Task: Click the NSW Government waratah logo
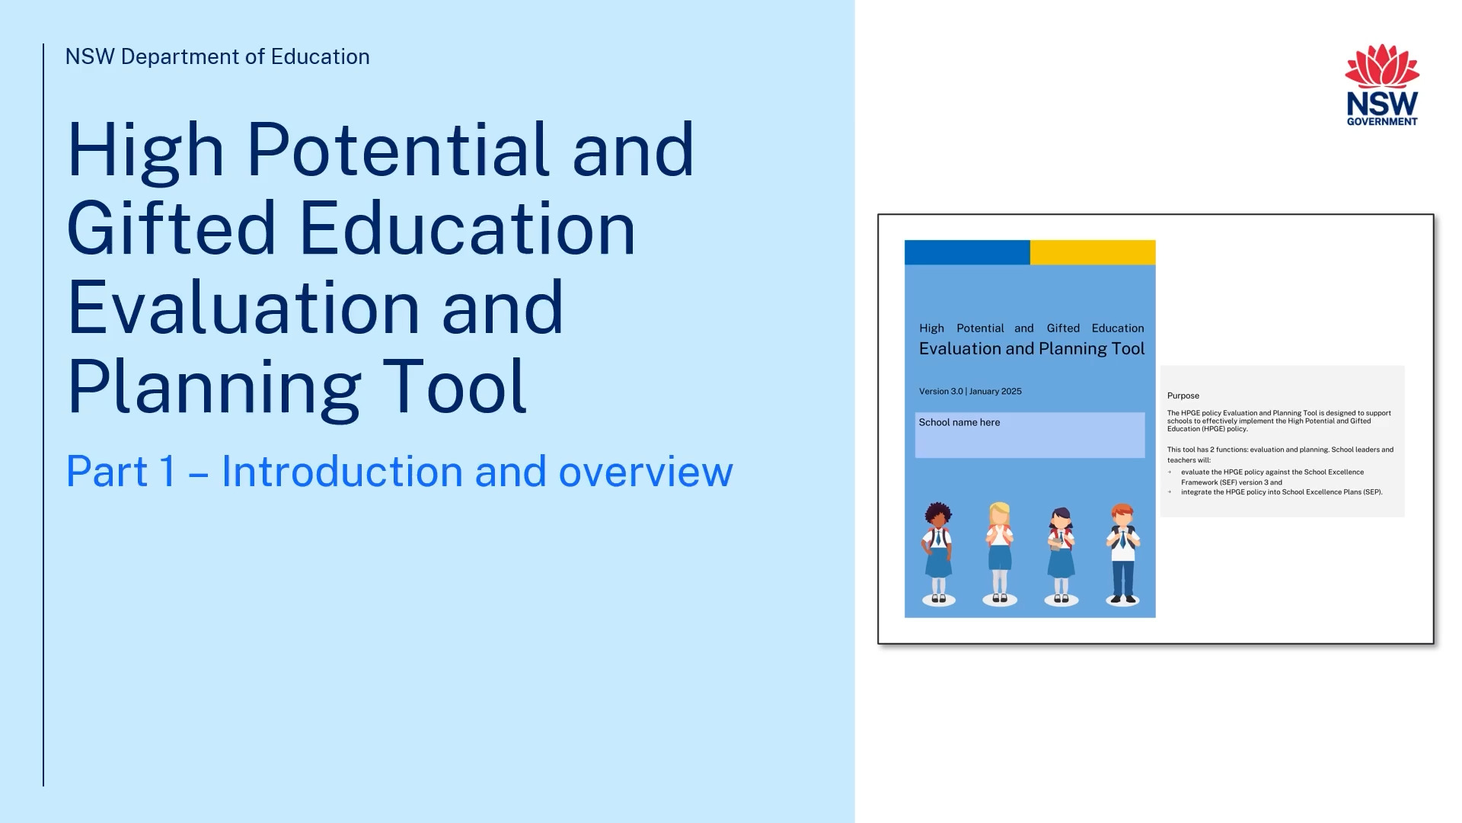pos(1382,85)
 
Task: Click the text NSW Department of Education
pos(218,57)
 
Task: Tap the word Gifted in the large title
pos(171,229)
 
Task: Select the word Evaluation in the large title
pos(243,308)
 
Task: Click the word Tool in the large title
pos(455,386)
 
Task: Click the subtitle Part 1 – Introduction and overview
pos(400,472)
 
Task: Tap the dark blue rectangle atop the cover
pos(967,252)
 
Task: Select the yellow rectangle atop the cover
pos(1093,252)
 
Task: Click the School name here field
pos(1029,435)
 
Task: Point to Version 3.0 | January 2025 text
pos(970,392)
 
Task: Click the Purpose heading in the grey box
pos(1183,395)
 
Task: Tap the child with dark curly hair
pos(938,553)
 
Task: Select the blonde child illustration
pos(1000,553)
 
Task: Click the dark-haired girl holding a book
pos(1061,556)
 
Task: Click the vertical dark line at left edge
pos(43,415)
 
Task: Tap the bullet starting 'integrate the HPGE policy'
pos(1282,492)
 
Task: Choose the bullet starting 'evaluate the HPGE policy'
pos(1272,477)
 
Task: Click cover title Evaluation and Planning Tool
pos(1032,349)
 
